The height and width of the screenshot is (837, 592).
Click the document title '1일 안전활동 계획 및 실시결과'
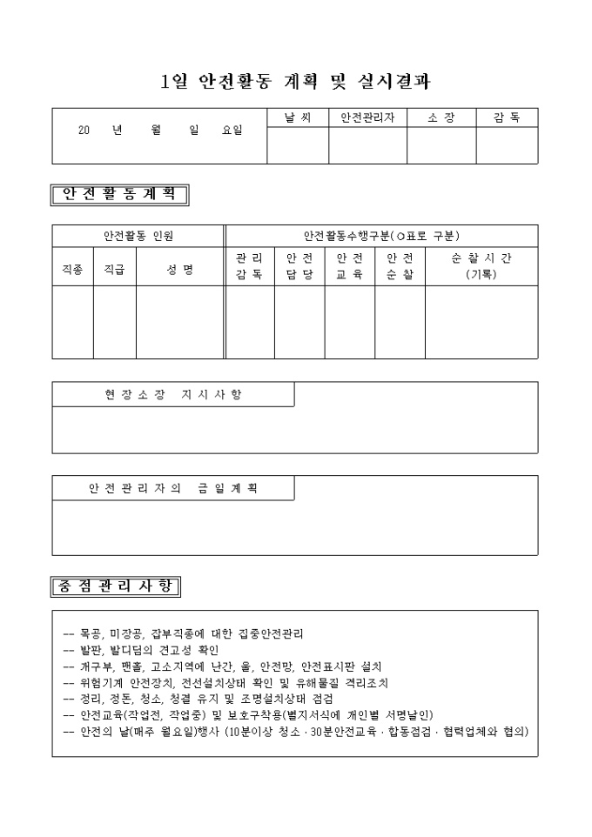295,82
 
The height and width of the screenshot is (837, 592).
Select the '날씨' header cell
297,117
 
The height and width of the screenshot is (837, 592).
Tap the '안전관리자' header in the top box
367,117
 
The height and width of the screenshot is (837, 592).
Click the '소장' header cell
441,117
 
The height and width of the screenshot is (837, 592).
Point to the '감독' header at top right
507,117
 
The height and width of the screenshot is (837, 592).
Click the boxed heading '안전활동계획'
120,194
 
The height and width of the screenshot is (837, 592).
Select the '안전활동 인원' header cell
138,235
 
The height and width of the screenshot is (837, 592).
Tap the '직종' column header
72,270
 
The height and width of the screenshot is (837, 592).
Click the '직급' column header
114,270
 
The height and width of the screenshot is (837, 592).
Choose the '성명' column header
179,270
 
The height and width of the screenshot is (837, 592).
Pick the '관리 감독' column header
249,266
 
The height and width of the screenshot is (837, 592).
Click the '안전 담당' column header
299,266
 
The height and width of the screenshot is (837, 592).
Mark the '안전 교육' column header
349,266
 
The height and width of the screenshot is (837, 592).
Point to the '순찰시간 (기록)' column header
481,266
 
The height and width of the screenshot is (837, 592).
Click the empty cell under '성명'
179,322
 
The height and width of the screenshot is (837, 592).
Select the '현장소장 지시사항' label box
172,394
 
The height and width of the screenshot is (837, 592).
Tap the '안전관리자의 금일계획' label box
172,488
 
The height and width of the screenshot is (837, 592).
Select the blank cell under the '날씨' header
297,145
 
